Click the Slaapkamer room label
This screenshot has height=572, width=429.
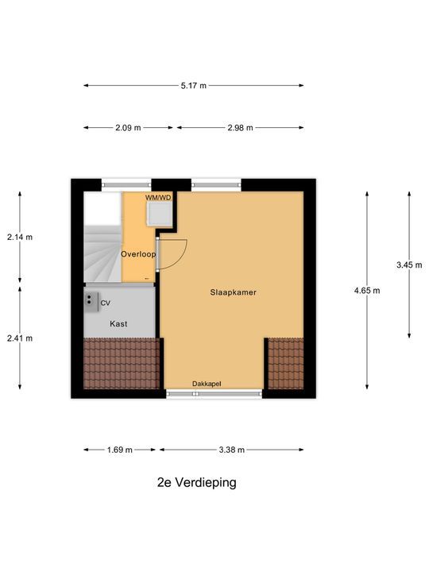pyautogui.click(x=234, y=292)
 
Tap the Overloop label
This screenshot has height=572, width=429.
pyautogui.click(x=137, y=254)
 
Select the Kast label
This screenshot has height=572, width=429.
pyautogui.click(x=118, y=324)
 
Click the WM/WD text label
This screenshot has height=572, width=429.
pyautogui.click(x=158, y=197)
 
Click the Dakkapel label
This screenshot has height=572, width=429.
pyautogui.click(x=207, y=384)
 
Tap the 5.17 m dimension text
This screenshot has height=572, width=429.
pyautogui.click(x=193, y=86)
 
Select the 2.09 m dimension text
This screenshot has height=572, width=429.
pyautogui.click(x=127, y=127)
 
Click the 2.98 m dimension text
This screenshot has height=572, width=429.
pyautogui.click(x=239, y=127)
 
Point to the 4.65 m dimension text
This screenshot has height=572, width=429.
pyautogui.click(x=367, y=291)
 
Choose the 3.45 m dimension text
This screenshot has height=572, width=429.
pyautogui.click(x=410, y=265)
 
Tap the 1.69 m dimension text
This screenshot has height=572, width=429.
pyautogui.click(x=119, y=450)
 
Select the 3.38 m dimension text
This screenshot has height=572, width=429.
pyautogui.click(x=231, y=450)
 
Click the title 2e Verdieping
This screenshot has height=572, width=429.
pyautogui.click(x=196, y=482)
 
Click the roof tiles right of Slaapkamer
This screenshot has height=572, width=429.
pyautogui.click(x=285, y=363)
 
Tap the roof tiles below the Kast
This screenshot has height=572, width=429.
pyautogui.click(x=122, y=363)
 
